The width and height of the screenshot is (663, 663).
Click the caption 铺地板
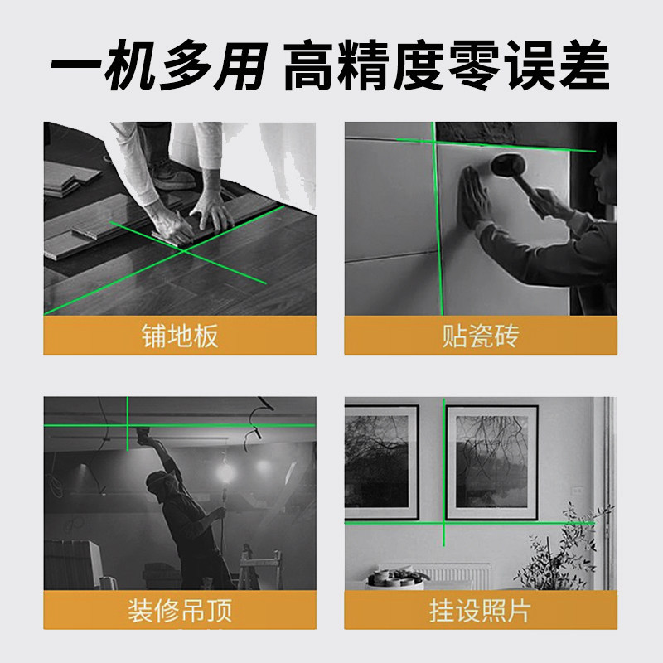[x=180, y=336]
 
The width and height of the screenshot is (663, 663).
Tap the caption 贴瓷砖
[x=481, y=336]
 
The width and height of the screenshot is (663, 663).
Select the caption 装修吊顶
[x=180, y=611]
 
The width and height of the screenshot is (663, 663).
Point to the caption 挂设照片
[x=481, y=611]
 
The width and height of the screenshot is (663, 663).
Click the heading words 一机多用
[x=157, y=66]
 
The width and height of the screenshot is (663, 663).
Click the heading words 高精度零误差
[x=448, y=66]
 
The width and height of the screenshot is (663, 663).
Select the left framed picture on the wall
[x=381, y=461]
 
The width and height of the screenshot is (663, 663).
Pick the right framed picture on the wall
[x=491, y=461]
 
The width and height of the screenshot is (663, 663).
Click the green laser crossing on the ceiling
[x=128, y=424]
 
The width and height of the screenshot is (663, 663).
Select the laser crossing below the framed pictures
[x=445, y=523]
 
